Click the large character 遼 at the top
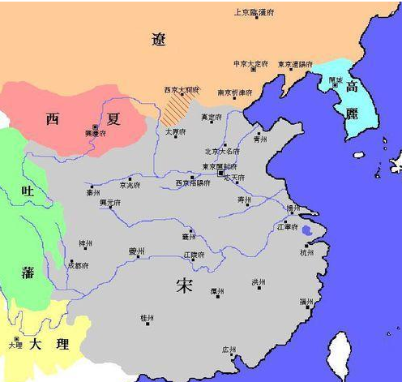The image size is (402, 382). tap(160, 38)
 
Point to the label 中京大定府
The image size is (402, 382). tap(250, 63)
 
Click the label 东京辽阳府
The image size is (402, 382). tap(296, 63)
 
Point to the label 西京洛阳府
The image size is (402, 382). tap(193, 183)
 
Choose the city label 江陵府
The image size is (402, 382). tap(193, 255)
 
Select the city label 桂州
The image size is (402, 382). tap(147, 316)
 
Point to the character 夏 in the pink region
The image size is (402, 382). tap(113, 119)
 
